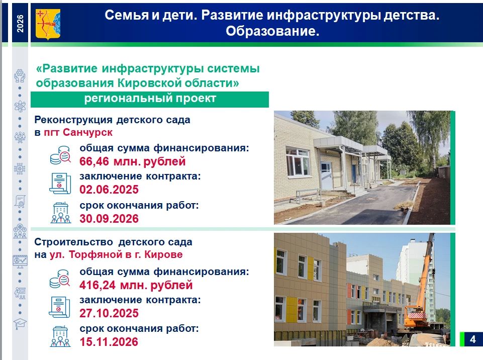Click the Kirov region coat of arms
pos(48,24)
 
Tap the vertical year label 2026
pos(20,24)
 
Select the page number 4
pos(473,339)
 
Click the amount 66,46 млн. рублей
pos(133,161)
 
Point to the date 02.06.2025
pos(109,190)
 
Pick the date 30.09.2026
pos(109,219)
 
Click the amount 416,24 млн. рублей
pos(136,285)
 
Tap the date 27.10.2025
pos(109,313)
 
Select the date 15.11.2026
pos(109,342)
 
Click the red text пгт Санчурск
pos(78,132)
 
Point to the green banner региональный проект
pos(150,99)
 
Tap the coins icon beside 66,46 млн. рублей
pos(60,155)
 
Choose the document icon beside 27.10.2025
pos(60,307)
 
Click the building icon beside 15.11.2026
pos(60,336)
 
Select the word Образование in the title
pos(272,31)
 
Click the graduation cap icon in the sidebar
pos(20,324)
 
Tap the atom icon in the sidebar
pos(20,107)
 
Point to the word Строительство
pos(73,242)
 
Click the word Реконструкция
pos(73,120)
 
